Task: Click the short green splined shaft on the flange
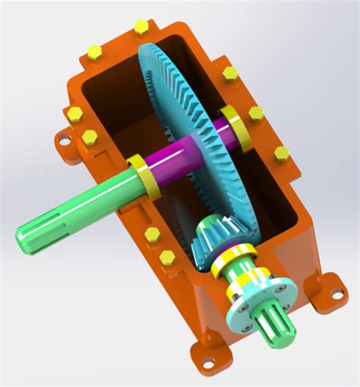pyautogui.click(x=270, y=323)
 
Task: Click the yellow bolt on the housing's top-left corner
pyautogui.click(x=94, y=51)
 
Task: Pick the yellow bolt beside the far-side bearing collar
pyautogui.click(x=256, y=114)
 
